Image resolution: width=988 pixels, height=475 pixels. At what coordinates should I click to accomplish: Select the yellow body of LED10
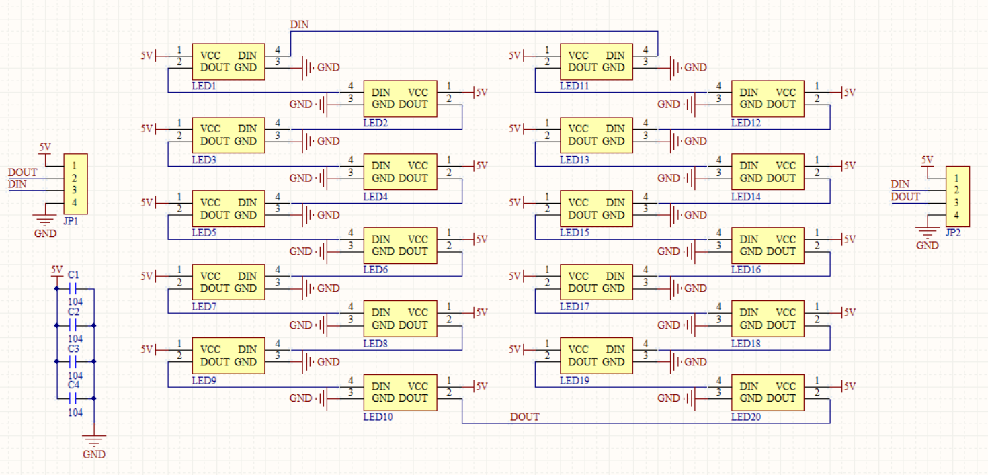coord(400,392)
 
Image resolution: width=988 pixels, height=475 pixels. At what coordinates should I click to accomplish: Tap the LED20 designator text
coord(746,417)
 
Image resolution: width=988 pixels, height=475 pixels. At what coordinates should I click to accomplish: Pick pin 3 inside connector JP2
coord(956,203)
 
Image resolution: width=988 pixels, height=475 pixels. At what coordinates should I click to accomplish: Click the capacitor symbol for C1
coord(75,289)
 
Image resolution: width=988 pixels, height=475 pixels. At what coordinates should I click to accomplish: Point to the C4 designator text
coord(73,385)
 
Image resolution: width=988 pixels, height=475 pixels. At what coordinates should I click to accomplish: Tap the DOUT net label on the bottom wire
coord(524,417)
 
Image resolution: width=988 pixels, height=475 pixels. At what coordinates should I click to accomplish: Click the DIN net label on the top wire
coord(300,25)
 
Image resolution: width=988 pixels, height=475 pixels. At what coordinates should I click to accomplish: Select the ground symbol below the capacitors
coord(94,441)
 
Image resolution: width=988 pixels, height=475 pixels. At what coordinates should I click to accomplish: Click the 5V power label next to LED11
coord(515,56)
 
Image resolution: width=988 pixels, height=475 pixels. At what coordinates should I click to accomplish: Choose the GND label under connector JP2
coord(928,245)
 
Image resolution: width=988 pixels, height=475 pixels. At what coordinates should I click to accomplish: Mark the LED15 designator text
coord(574,233)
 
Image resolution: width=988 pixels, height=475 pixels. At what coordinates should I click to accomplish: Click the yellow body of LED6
coord(400,245)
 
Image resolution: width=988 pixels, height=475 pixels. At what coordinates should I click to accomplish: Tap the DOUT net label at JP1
coord(22,172)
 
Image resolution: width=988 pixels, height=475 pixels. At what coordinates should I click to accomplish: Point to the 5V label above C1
coord(56,269)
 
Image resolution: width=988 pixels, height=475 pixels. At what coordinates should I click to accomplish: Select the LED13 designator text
coord(574,160)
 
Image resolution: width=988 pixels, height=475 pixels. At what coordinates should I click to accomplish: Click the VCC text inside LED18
coord(786,312)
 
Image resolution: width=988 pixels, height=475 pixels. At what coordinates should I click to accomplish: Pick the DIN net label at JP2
coord(900,184)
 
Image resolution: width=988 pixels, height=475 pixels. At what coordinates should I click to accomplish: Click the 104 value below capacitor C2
coord(75,339)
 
